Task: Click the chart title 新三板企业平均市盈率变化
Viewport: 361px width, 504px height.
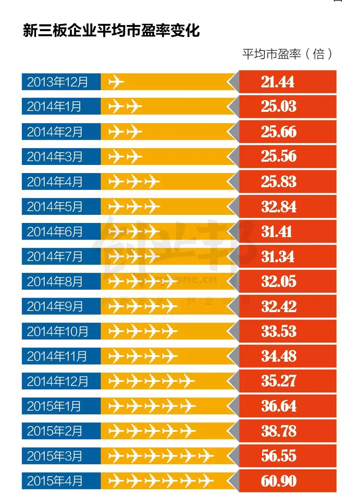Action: point(111,30)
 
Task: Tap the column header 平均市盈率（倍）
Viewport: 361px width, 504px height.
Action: point(287,54)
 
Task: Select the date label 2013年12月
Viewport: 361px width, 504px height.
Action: point(57,82)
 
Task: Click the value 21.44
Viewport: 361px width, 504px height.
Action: point(278,82)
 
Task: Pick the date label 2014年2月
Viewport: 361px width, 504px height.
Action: point(54,132)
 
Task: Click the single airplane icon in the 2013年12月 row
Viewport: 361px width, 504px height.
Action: point(116,82)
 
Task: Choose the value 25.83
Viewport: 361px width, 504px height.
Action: point(279,182)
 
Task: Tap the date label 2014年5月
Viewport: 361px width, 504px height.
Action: point(54,207)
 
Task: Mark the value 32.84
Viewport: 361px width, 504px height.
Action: point(279,207)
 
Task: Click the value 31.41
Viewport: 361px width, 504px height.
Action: point(276,232)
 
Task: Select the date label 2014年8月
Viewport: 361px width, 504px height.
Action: point(54,282)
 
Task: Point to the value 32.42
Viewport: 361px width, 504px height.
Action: point(279,307)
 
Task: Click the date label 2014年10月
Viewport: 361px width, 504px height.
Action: point(57,332)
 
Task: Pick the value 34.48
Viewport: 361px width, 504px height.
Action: point(279,356)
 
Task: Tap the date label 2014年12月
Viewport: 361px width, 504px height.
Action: point(57,382)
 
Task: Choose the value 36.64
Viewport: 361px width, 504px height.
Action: point(279,406)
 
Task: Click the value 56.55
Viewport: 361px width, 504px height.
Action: point(279,456)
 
